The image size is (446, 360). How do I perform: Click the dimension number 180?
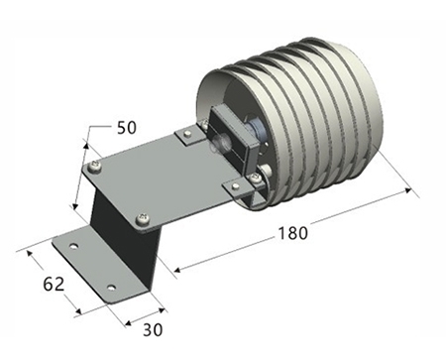coord(292,233)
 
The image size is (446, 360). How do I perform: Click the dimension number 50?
coord(126,126)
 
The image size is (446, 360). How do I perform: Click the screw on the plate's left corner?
coord(93,166)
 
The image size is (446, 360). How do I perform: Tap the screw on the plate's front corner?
coord(143,218)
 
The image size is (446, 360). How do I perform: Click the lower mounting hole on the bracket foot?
coord(111,289)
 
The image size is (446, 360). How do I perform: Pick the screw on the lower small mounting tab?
coord(257,179)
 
